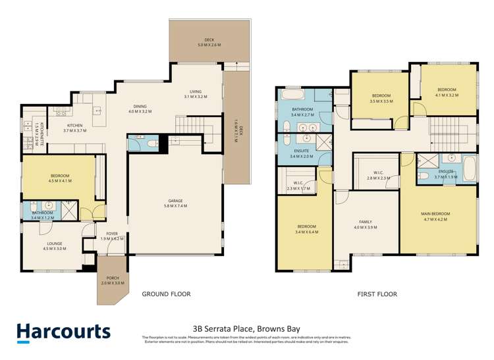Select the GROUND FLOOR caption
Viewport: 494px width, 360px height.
[167, 294]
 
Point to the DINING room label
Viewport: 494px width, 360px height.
[139, 109]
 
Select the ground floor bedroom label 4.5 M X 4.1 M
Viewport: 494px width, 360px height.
[60, 178]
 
